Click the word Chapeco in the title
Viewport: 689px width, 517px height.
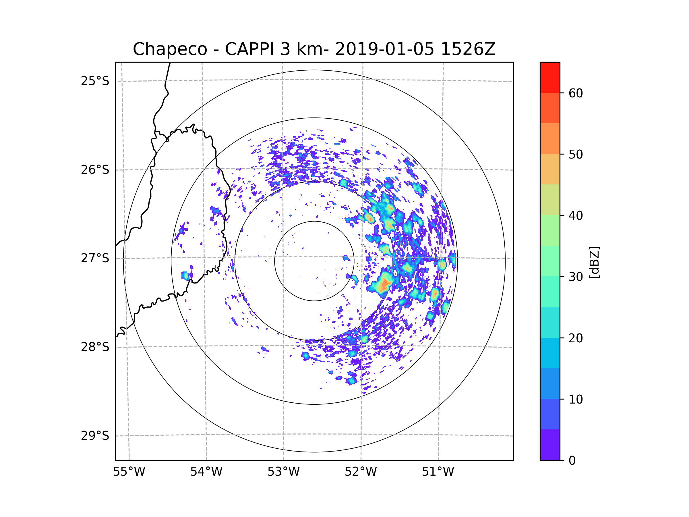[170, 49]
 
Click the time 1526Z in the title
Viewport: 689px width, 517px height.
[468, 49]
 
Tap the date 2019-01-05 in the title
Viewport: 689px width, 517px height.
[384, 49]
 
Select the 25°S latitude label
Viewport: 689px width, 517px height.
[95, 81]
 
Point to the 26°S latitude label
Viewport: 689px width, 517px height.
[95, 170]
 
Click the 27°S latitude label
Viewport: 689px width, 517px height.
[95, 258]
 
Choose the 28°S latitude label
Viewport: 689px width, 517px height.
[95, 347]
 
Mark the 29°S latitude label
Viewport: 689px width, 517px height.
[95, 436]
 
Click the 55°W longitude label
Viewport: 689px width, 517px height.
[129, 472]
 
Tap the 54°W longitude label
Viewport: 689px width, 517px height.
[206, 472]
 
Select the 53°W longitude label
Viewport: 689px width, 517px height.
[283, 472]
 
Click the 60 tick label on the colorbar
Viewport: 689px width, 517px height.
[576, 93]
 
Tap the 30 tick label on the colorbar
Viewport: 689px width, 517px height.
[576, 277]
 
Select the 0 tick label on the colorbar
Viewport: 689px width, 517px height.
[572, 461]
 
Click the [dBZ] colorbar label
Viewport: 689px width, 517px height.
[594, 262]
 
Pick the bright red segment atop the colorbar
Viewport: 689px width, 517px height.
[550, 77]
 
